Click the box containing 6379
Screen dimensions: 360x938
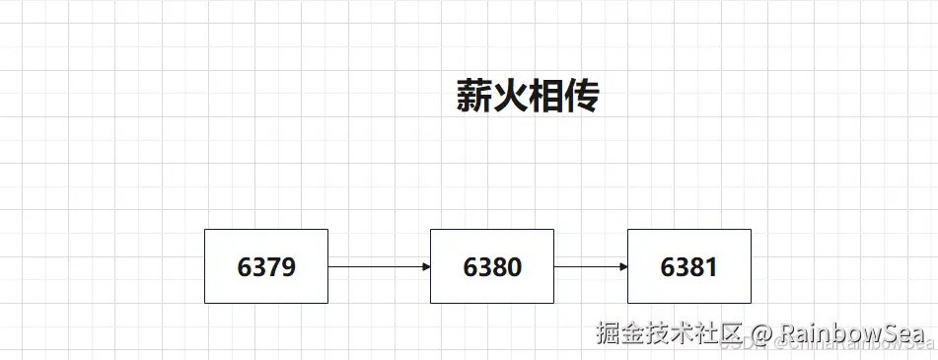[x=265, y=265]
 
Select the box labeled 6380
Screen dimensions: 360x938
[x=491, y=265]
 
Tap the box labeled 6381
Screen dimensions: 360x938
[x=688, y=265]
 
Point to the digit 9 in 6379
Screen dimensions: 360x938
[x=288, y=267]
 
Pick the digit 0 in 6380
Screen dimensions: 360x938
[x=514, y=267]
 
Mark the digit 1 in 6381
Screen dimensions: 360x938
[x=711, y=267]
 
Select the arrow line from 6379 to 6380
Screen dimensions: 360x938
[x=375, y=266]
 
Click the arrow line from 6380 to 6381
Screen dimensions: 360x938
[x=588, y=266]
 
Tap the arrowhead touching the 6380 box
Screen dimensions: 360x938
[x=425, y=266]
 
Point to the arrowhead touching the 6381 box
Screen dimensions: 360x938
[x=622, y=266]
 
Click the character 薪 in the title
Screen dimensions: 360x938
[x=473, y=97]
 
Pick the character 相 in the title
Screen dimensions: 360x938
[x=545, y=97]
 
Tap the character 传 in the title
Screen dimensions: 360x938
[x=582, y=97]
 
